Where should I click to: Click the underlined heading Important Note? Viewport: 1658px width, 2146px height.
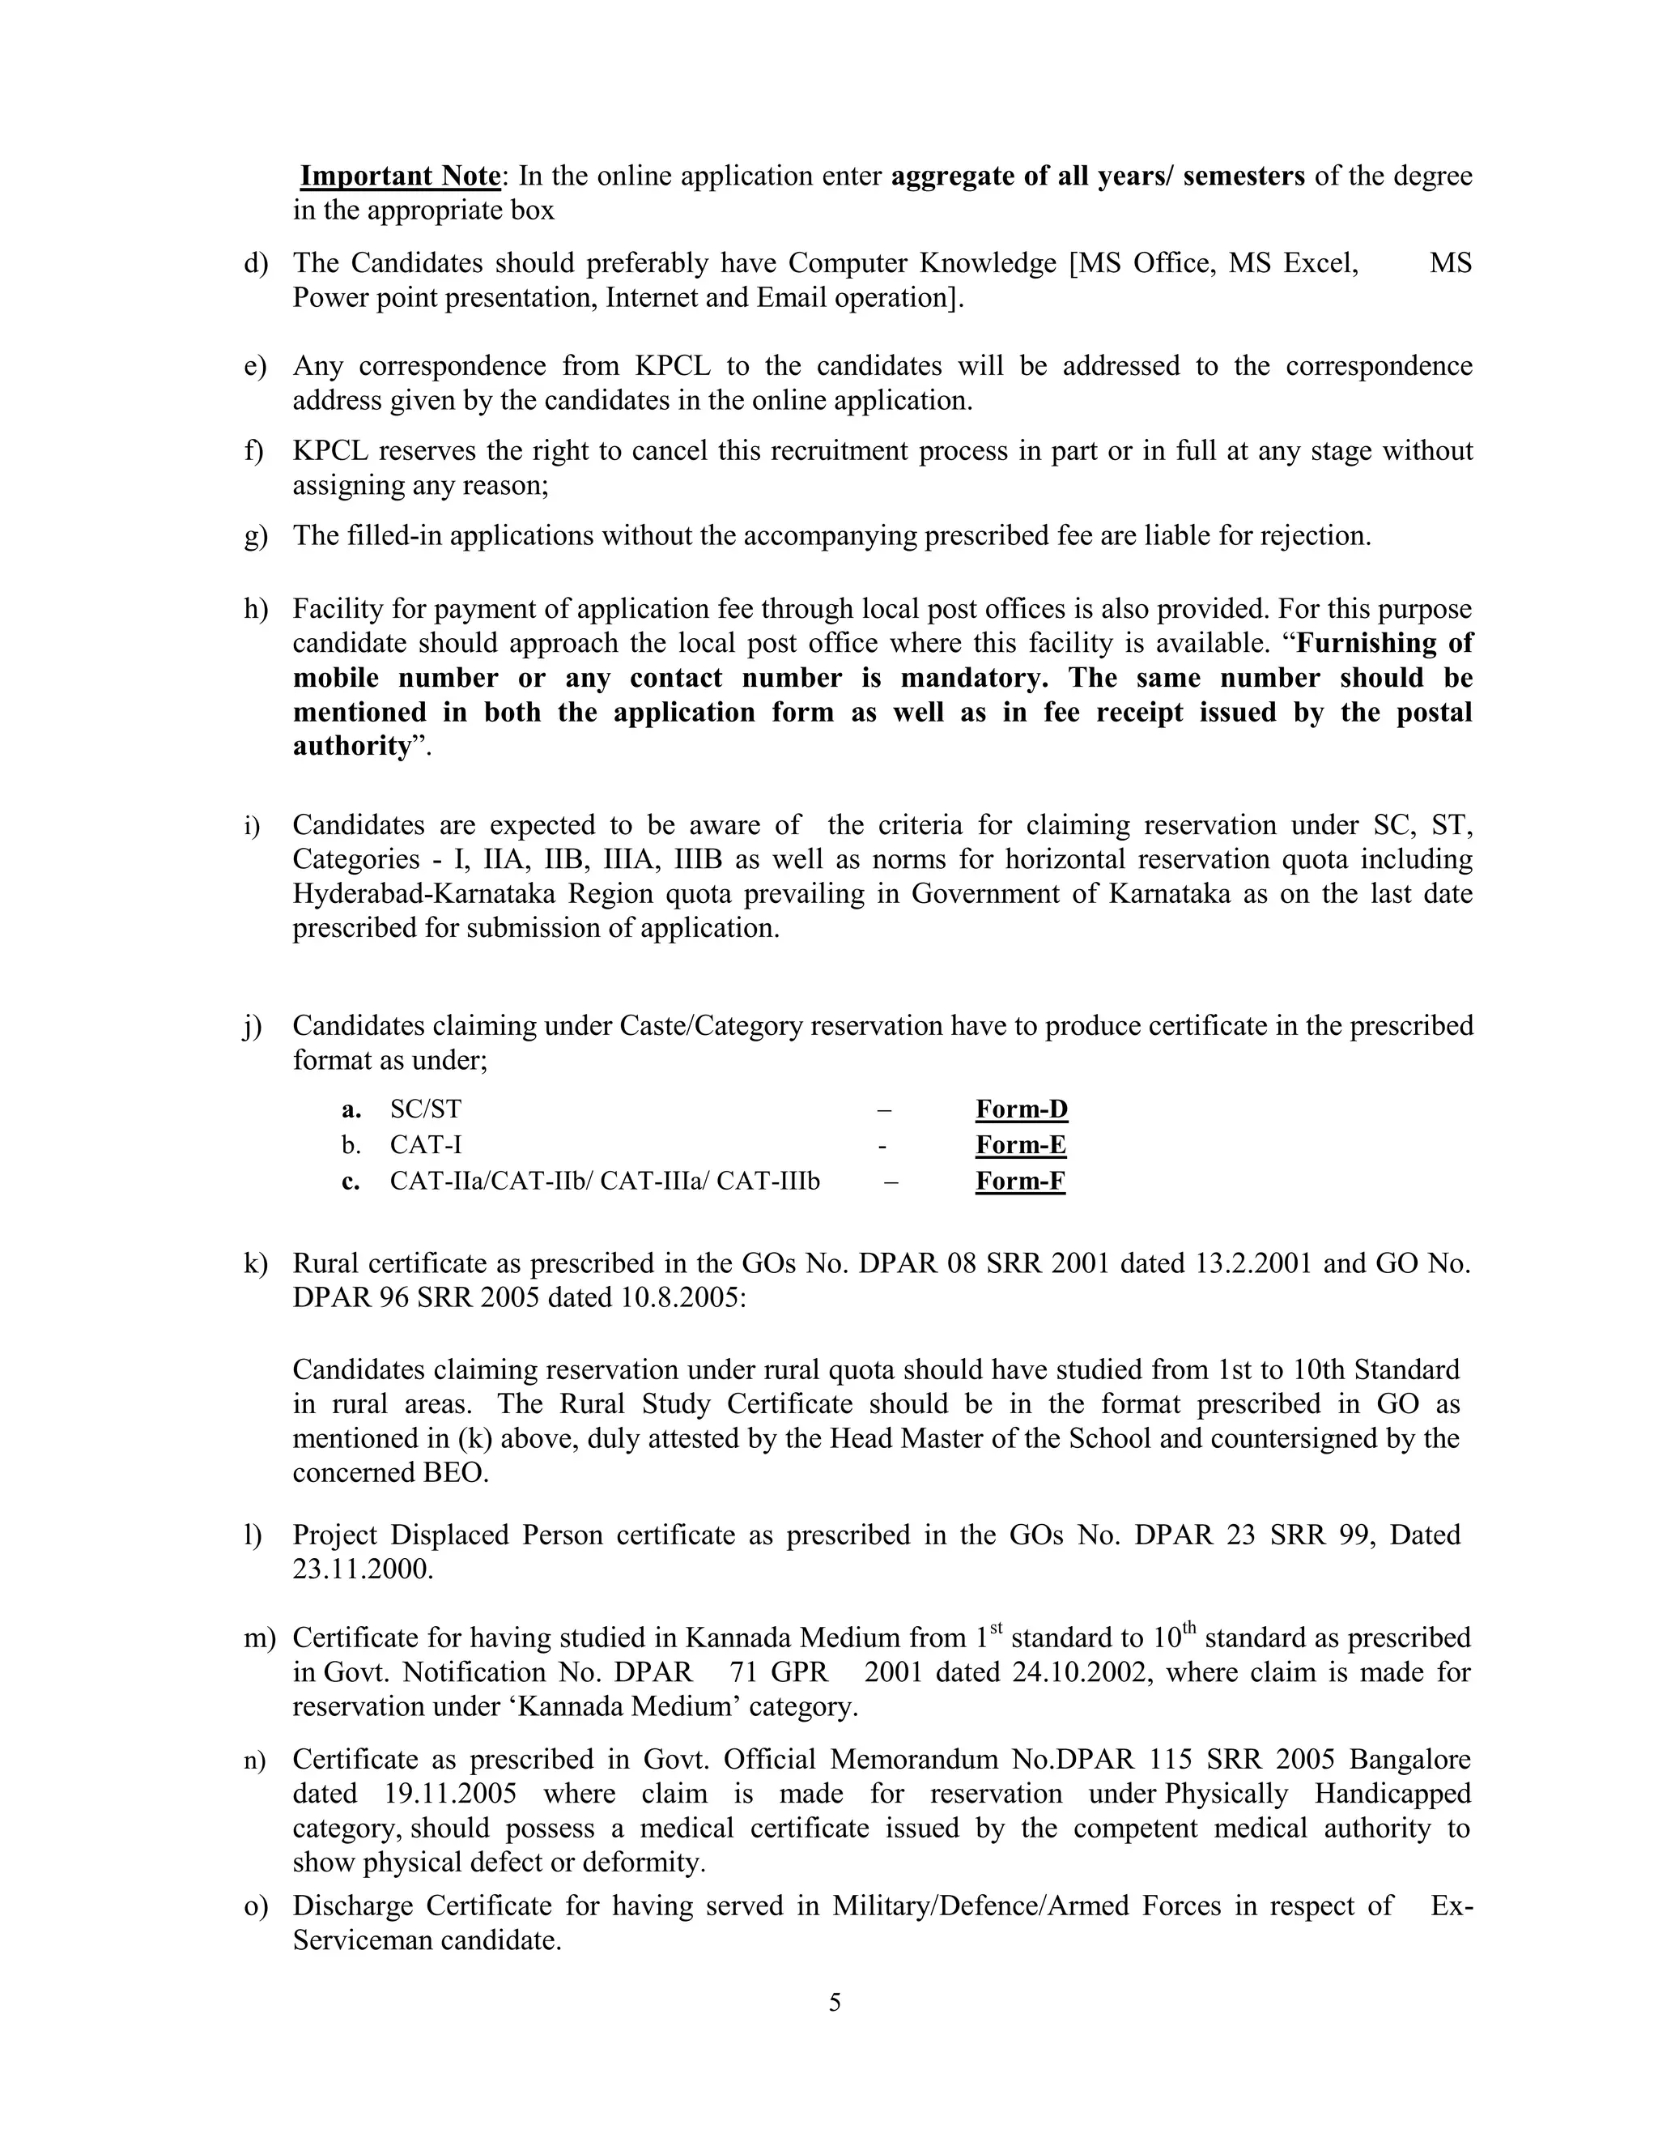coord(400,176)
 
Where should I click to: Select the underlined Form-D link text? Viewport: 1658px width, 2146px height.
coord(1022,1109)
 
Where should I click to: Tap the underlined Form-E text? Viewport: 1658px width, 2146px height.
coord(1021,1145)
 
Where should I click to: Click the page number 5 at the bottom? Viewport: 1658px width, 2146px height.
coord(835,2002)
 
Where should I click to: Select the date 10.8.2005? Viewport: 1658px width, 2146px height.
coord(682,1297)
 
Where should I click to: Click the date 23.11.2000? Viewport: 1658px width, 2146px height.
coord(363,1569)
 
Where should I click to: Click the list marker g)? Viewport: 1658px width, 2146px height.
coord(255,536)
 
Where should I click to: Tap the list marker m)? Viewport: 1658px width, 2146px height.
coord(259,1638)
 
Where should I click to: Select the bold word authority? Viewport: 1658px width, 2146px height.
coord(351,746)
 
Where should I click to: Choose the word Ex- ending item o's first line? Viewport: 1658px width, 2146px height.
coord(1451,1905)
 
